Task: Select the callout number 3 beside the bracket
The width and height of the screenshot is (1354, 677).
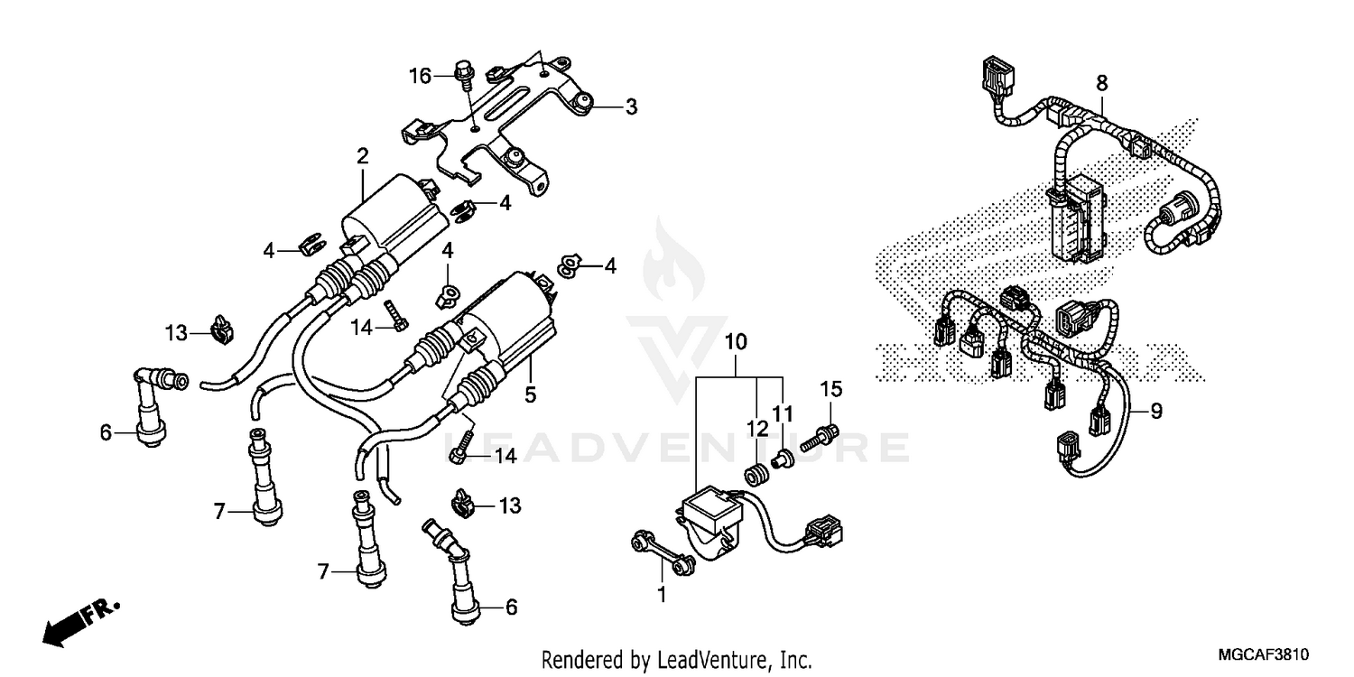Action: tap(631, 107)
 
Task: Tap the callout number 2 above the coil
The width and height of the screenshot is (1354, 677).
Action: tap(362, 156)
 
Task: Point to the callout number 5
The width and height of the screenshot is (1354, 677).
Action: tap(530, 394)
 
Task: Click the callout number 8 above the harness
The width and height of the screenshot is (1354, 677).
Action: tap(1101, 83)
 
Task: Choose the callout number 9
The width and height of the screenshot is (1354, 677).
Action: tap(1156, 413)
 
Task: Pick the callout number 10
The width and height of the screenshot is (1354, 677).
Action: tap(736, 343)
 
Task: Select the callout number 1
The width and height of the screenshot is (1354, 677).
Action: tap(662, 595)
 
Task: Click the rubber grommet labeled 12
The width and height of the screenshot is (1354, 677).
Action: tap(753, 473)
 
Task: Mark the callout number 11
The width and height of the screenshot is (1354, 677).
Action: tap(782, 414)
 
